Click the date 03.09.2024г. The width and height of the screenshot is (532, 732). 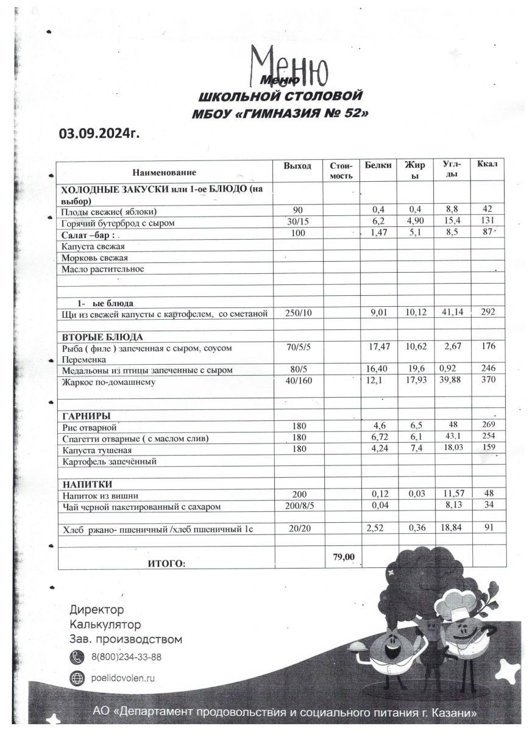[99, 133]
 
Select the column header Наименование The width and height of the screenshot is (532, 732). [165, 173]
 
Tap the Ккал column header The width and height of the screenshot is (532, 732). [488, 165]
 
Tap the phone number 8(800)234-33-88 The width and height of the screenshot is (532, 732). [126, 657]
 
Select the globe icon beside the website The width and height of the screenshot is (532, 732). [77, 678]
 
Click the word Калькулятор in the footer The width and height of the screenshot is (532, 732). [105, 625]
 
